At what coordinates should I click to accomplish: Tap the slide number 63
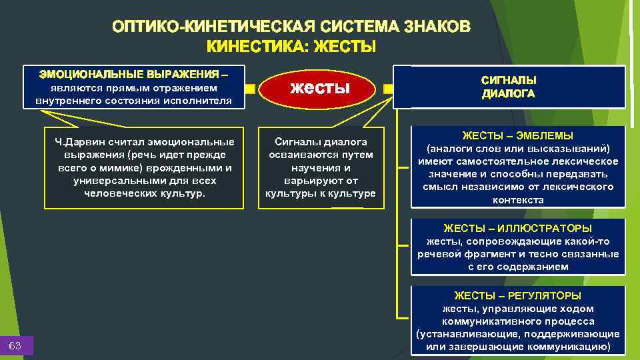(x=15, y=345)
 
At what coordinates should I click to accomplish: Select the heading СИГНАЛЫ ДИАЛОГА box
(x=509, y=87)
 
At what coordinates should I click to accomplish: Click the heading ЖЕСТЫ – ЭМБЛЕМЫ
(x=517, y=135)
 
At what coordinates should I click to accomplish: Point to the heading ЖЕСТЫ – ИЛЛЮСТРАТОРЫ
(x=518, y=229)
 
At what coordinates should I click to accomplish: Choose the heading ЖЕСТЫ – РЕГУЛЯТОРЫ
(x=518, y=295)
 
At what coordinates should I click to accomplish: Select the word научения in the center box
(x=320, y=167)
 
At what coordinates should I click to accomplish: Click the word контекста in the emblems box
(x=518, y=200)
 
